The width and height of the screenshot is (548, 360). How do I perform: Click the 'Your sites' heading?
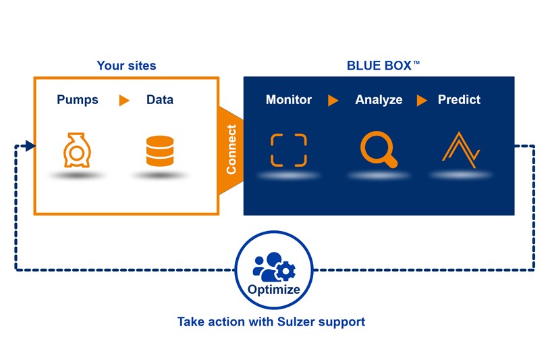click(x=126, y=66)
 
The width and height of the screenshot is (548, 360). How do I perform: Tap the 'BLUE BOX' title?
click(x=383, y=66)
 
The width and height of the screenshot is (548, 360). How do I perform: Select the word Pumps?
click(x=78, y=100)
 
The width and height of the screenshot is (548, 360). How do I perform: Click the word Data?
click(x=160, y=100)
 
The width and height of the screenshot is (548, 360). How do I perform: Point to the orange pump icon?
click(x=77, y=150)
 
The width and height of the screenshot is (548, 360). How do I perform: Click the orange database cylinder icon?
click(x=160, y=151)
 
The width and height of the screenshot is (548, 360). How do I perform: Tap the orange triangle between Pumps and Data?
click(x=124, y=100)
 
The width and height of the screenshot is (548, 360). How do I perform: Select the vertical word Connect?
click(x=231, y=149)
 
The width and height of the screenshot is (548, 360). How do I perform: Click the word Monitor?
click(x=289, y=100)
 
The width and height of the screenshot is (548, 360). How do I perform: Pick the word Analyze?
click(x=379, y=100)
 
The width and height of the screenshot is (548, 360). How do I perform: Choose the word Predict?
click(x=459, y=100)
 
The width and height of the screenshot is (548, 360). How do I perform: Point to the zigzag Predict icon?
click(x=462, y=150)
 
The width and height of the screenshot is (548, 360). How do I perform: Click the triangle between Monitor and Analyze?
click(x=333, y=101)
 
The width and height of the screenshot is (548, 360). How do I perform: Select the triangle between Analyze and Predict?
click(x=422, y=101)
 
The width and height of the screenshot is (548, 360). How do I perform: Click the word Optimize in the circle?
click(x=273, y=290)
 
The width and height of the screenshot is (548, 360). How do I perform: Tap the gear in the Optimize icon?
click(x=286, y=271)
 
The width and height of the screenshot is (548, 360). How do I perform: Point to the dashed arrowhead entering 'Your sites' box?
click(x=30, y=145)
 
